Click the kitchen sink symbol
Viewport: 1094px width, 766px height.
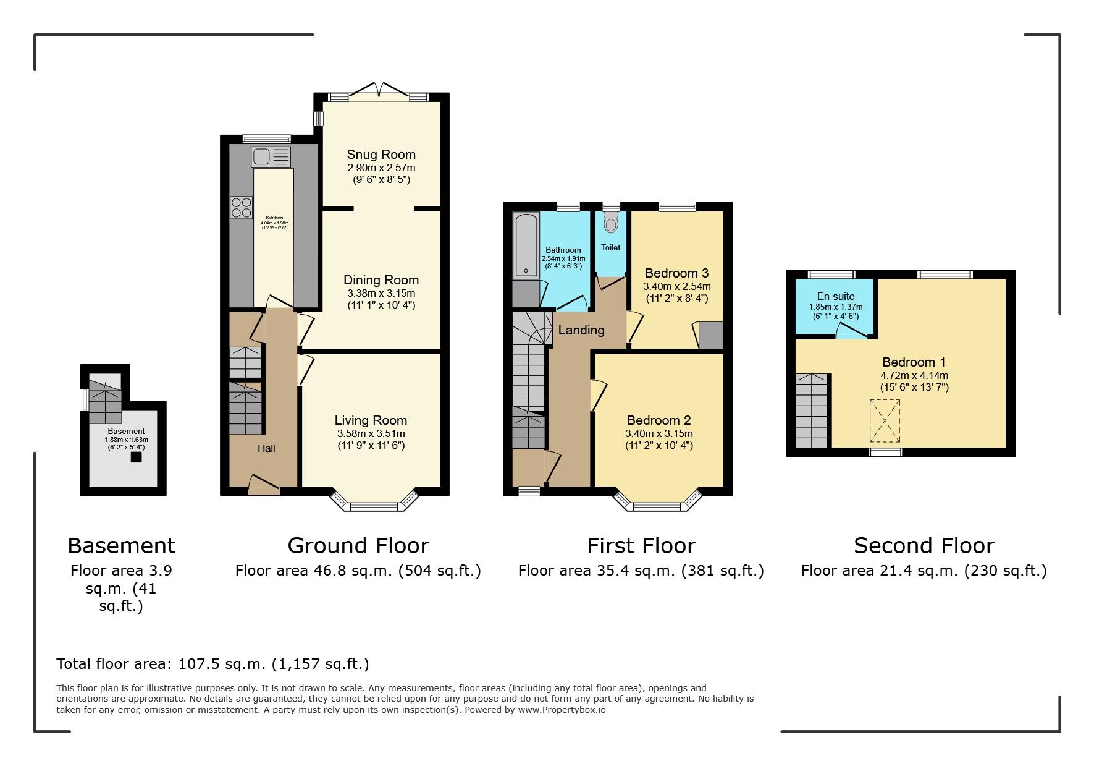(270, 156)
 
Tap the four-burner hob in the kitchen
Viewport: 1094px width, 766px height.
(242, 207)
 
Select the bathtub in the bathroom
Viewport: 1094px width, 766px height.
(526, 245)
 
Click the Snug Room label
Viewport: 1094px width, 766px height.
(381, 155)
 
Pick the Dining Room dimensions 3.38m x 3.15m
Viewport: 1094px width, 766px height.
(381, 293)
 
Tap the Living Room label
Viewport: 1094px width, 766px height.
(371, 420)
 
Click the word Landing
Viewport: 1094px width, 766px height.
(581, 330)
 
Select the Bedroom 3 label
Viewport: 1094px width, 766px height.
(676, 273)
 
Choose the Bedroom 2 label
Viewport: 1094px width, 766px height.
(659, 420)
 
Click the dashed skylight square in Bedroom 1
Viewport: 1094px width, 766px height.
(885, 421)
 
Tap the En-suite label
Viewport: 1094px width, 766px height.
(835, 296)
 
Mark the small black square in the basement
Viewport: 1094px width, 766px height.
(136, 457)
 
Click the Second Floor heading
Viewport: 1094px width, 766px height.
(924, 546)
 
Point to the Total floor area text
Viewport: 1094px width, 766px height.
(212, 664)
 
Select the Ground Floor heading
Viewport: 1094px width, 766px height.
(358, 546)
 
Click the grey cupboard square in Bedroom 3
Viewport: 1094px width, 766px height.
(710, 335)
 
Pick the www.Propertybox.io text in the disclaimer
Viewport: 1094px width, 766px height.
(562, 710)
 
